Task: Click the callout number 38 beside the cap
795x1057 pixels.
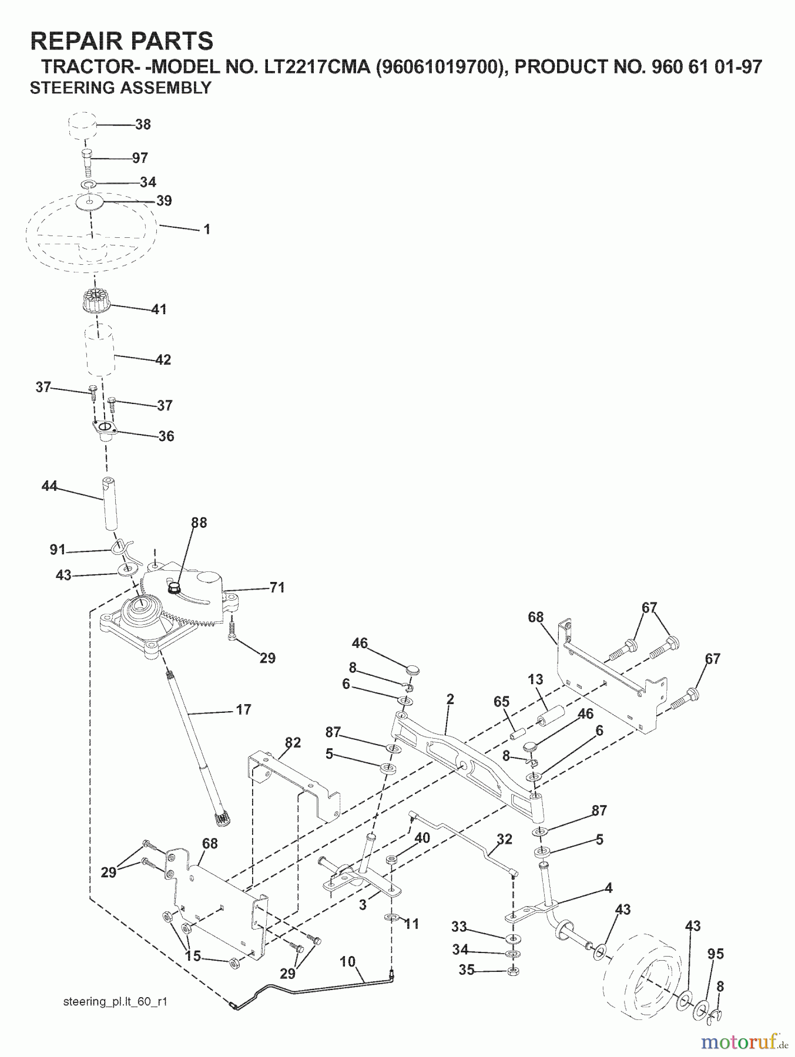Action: [x=143, y=124]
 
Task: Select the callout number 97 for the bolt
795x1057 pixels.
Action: [x=140, y=158]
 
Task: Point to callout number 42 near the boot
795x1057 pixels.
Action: [x=163, y=359]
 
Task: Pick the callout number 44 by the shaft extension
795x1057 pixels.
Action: [x=50, y=486]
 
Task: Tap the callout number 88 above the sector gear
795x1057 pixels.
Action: [x=199, y=523]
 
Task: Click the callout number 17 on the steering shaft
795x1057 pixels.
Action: [x=243, y=710]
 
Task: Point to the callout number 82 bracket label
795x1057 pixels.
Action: [x=293, y=743]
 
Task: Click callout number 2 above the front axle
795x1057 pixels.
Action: [x=450, y=699]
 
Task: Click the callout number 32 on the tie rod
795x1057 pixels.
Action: [x=505, y=839]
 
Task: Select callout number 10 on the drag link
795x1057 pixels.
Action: [x=348, y=962]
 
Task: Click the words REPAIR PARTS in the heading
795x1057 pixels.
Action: [x=122, y=41]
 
